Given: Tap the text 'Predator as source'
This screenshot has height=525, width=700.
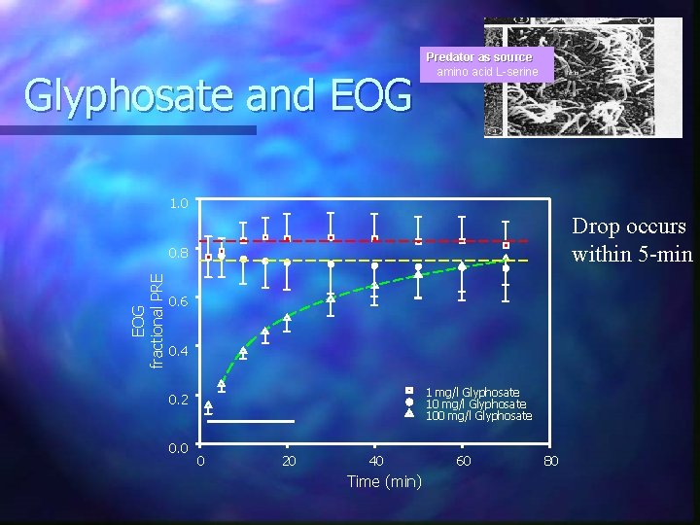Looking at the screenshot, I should point(478,57).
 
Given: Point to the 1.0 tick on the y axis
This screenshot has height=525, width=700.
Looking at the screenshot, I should point(179,204).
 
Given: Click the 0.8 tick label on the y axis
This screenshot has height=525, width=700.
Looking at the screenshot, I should point(179,253).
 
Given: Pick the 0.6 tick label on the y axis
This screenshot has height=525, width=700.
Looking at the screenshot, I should point(179,301).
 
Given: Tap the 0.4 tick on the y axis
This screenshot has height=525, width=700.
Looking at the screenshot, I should point(179,349).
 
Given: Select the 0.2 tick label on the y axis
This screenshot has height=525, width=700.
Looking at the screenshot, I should point(179,399).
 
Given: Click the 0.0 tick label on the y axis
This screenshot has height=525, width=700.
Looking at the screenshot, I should point(179,447).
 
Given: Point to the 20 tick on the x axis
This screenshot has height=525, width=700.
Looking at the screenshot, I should point(288,460).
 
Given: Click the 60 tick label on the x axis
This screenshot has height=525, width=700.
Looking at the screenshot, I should point(464,460).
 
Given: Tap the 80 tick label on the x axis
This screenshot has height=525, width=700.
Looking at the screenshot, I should point(550,460).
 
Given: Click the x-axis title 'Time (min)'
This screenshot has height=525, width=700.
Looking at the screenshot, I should point(384,481).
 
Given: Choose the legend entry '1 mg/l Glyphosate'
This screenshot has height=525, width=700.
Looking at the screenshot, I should point(472,392).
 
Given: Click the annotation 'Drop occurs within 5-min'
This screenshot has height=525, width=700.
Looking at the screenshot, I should point(629,240).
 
